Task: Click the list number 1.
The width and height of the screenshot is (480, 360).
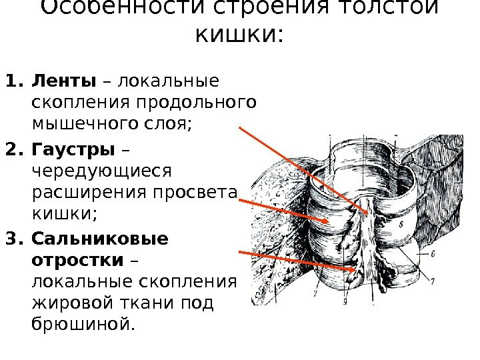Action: [12, 82]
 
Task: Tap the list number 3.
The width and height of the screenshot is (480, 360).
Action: [12, 238]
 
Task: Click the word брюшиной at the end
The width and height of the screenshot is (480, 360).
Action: [82, 325]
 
